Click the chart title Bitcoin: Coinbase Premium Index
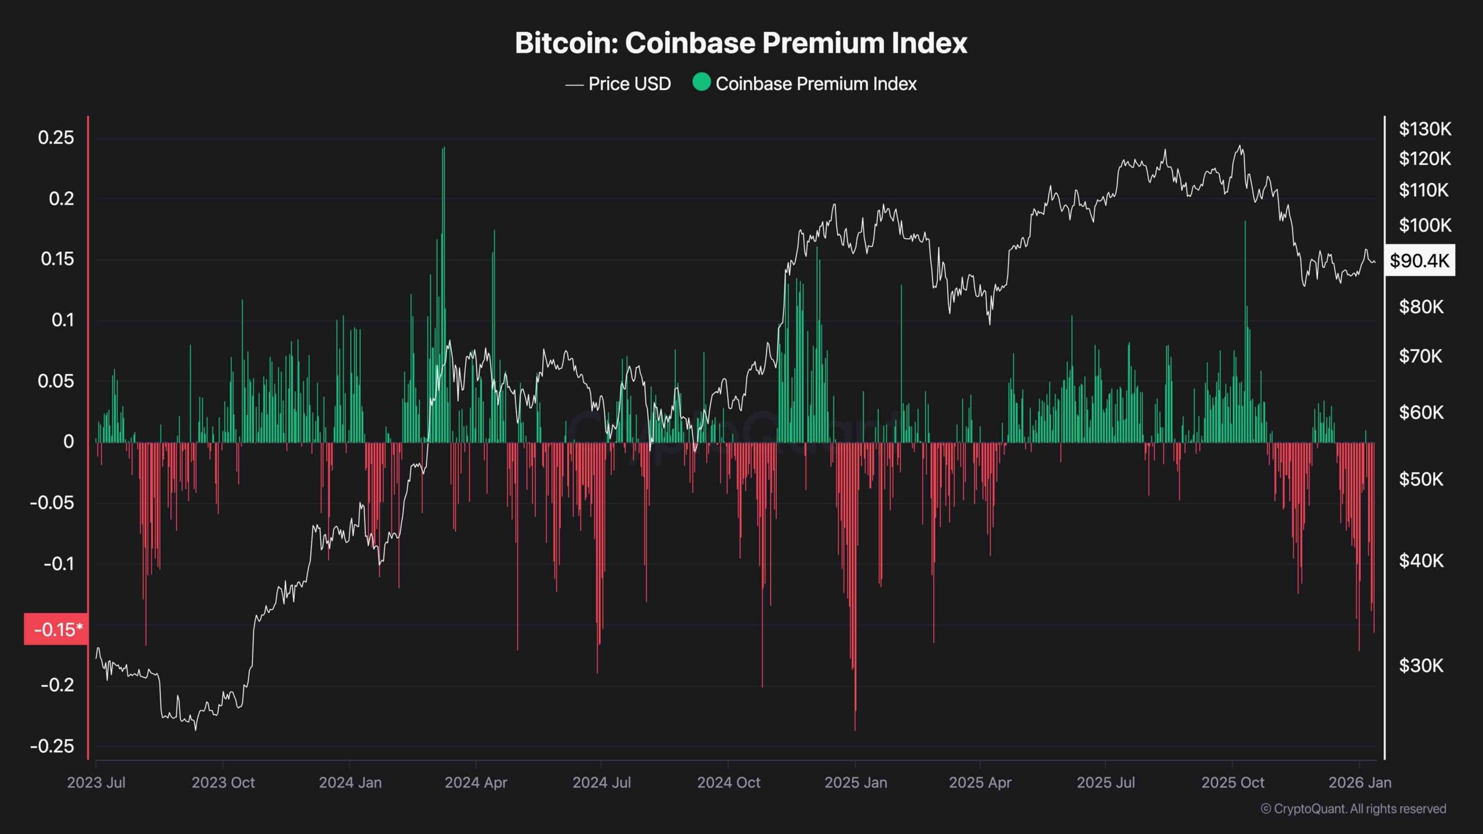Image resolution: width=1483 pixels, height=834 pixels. (x=741, y=43)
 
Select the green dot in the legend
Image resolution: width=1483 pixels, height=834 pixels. (x=701, y=82)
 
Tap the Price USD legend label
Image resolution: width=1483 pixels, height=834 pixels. (x=629, y=84)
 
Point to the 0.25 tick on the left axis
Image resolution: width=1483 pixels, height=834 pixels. (x=56, y=138)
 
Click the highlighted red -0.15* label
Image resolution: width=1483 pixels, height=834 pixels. (x=56, y=629)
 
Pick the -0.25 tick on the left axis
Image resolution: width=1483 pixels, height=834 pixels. (x=52, y=746)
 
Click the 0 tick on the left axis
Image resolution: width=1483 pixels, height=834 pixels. (x=68, y=442)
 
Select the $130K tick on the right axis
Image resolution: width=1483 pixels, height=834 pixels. (x=1425, y=129)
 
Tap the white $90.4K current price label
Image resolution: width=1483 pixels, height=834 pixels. (x=1419, y=261)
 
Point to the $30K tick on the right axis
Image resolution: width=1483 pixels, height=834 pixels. (x=1421, y=665)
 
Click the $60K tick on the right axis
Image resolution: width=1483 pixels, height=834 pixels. (x=1421, y=412)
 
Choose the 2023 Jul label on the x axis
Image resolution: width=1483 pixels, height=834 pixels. (x=96, y=782)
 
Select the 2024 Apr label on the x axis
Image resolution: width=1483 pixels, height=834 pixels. (x=476, y=782)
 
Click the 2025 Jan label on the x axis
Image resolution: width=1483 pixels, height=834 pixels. (x=856, y=782)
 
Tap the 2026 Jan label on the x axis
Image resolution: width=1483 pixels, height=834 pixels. (x=1360, y=782)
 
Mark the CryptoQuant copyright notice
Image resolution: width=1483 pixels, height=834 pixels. (x=1353, y=809)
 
